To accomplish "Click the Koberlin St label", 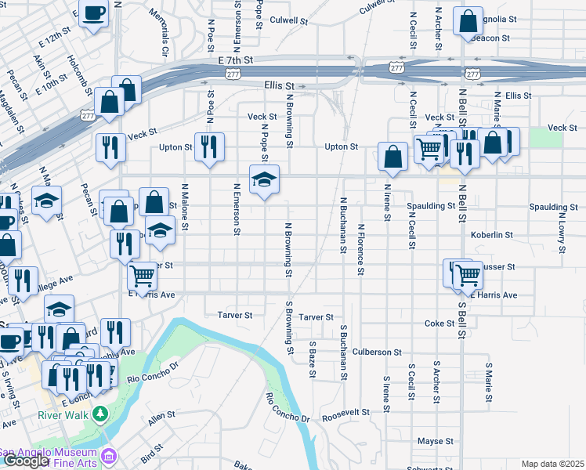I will pos(492,234).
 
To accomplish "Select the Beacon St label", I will pos(491,38).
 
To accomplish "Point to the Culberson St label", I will pos(377,352).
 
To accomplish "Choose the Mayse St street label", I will pos(436,442).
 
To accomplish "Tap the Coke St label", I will pos(439,324).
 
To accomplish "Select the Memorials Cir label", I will pos(165,33).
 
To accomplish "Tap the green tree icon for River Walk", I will pos(99,413).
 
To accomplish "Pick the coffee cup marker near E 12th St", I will pos(94,13).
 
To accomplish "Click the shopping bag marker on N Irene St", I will pos(392,157).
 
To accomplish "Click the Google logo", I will pos(25,461).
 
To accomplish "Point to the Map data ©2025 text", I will pos(552,464).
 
